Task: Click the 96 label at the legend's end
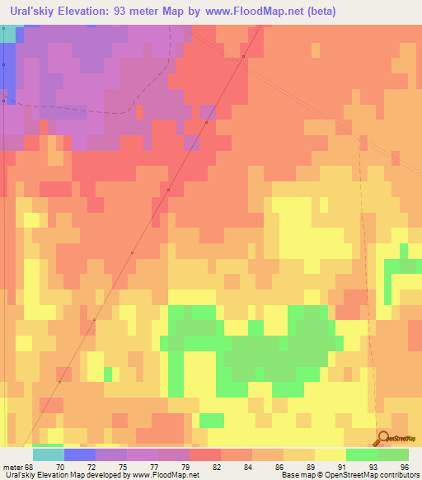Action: pos(404,467)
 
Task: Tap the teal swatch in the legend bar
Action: pos(49,454)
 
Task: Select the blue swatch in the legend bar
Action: pos(80,454)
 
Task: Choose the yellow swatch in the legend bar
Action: pos(330,454)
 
